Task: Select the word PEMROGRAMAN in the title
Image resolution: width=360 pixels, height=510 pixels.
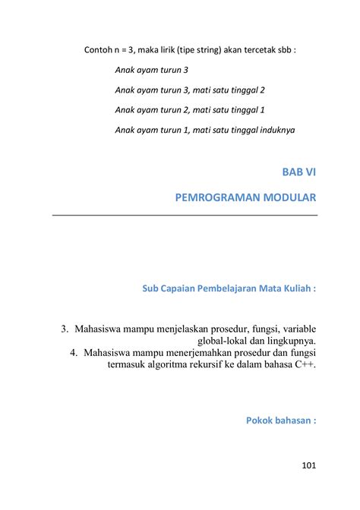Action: click(x=214, y=199)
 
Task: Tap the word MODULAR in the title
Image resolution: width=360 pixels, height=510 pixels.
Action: click(x=288, y=199)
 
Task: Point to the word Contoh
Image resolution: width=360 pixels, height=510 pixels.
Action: click(x=99, y=51)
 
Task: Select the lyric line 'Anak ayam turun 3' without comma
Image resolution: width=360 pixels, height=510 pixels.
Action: click(x=151, y=70)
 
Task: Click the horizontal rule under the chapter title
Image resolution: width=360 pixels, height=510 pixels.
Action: click(x=185, y=216)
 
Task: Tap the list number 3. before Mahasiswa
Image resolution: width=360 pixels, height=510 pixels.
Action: click(x=65, y=329)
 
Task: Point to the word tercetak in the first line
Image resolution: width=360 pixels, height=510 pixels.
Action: click(x=257, y=51)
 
